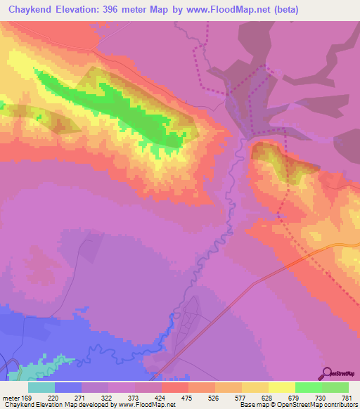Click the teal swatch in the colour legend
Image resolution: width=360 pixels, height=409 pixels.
point(41,387)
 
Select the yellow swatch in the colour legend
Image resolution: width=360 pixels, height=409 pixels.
point(282,387)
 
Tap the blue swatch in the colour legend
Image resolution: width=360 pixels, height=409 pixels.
point(68,387)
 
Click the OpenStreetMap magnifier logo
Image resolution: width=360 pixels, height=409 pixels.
point(326,373)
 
